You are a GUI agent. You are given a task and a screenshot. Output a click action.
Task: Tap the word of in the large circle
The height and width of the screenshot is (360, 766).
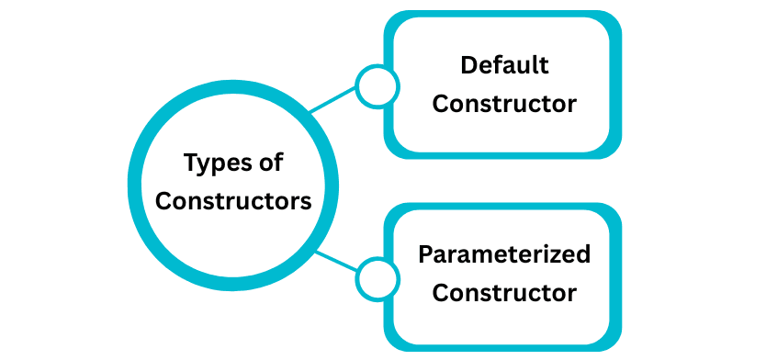(x=270, y=163)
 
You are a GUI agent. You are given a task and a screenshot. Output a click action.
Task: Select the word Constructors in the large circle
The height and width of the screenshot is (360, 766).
(x=233, y=201)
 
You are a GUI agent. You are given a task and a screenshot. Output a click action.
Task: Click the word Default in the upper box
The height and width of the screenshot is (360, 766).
(x=504, y=66)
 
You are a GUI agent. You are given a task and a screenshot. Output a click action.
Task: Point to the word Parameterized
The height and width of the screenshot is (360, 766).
(x=504, y=254)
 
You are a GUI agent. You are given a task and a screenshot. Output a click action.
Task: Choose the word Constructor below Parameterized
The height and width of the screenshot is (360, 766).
(x=504, y=293)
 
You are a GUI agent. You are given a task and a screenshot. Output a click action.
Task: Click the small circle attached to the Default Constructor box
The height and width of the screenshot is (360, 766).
(x=377, y=86)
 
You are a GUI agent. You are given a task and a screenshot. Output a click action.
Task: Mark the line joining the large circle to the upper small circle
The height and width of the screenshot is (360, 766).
(x=332, y=101)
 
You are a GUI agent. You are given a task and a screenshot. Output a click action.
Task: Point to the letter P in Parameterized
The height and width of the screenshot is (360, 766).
(x=425, y=254)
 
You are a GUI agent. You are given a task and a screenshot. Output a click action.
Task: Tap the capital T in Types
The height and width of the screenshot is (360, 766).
(x=190, y=163)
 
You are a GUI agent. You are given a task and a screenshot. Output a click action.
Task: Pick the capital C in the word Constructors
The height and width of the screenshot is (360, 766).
(x=163, y=201)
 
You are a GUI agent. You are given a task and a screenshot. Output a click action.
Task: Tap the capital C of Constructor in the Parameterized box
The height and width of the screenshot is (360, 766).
(x=440, y=293)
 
